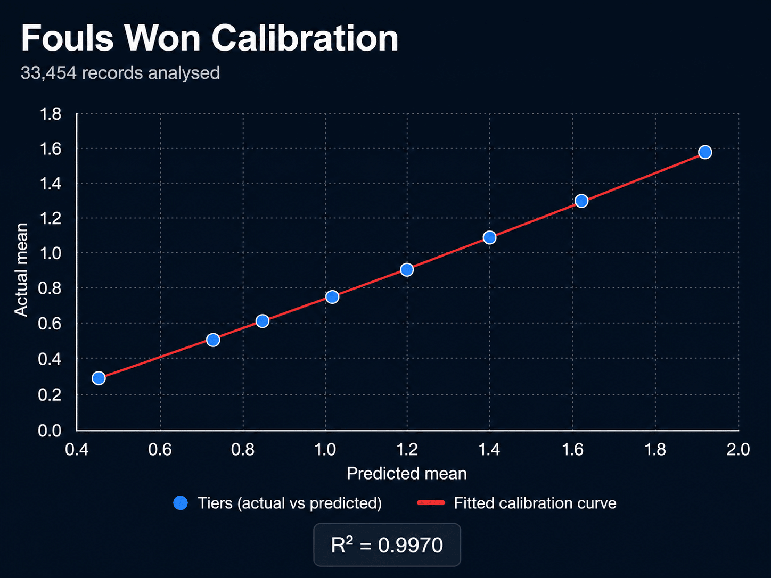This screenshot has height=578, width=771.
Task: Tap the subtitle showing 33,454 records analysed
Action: pos(120,73)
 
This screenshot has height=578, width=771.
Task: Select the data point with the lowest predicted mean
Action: pos(99,378)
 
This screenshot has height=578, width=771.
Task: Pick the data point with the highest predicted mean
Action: pos(705,152)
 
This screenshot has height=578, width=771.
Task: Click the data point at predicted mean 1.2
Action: pos(407,269)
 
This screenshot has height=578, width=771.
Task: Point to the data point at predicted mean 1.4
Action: pos(490,237)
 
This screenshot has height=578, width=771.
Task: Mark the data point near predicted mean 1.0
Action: pos(332,297)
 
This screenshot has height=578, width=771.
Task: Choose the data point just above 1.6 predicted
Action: pos(581,201)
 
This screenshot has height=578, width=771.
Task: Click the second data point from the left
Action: pos(213,340)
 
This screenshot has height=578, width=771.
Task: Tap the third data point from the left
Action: pos(263,321)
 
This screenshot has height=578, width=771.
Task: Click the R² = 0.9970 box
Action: pos(387,544)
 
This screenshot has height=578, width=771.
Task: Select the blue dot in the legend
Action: pos(181,503)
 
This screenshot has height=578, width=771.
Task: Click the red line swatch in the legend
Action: pos(431,503)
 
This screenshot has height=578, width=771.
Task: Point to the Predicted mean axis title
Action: pos(407,474)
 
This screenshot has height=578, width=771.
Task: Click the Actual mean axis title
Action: pos(21,270)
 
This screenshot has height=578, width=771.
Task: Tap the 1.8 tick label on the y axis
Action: pos(51,114)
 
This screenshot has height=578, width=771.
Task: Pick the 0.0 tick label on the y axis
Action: pos(50,430)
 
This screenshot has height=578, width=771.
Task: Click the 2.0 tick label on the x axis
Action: pos(738,450)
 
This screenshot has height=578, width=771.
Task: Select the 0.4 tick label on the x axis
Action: pos(77,450)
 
